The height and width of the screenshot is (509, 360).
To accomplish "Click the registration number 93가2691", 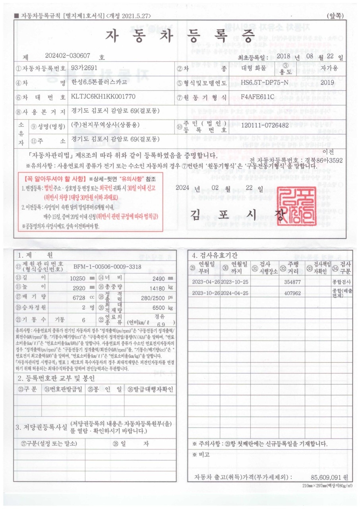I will [84, 68].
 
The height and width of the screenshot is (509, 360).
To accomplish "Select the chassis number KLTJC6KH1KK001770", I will [103, 97].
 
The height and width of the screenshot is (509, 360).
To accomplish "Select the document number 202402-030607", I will [68, 57].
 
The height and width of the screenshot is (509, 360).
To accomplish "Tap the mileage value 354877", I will [293, 282].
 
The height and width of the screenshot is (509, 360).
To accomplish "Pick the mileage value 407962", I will [293, 293].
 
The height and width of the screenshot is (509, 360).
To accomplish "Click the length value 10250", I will [78, 278].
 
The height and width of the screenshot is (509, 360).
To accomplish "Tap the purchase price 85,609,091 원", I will [329, 477].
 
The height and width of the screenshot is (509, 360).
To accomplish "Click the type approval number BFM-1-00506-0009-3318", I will [107, 266].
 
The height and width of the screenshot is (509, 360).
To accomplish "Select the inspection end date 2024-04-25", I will [234, 293].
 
